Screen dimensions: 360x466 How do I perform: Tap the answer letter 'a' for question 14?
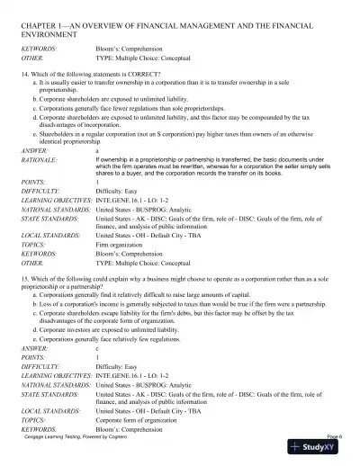click(x=97, y=151)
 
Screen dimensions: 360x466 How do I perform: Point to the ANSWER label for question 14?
click(x=35, y=151)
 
